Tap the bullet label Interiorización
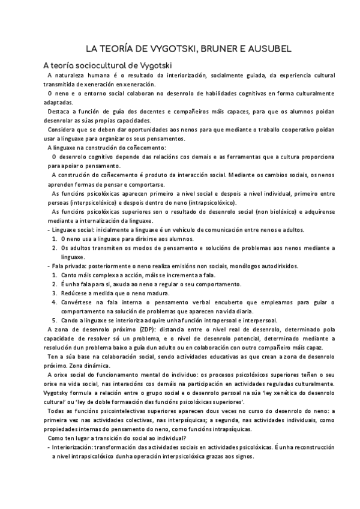click(x=76, y=447)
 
